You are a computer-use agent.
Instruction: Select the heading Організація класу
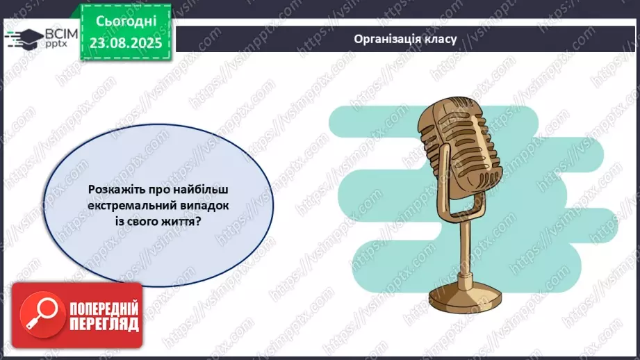coord(404,39)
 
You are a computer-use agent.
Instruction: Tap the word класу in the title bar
coord(441,39)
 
